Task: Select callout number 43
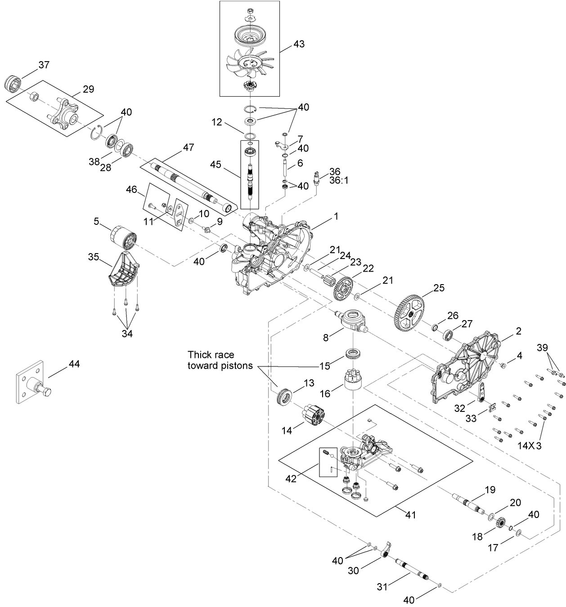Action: click(299, 44)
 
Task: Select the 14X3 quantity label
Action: click(529, 446)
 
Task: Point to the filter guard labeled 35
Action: click(122, 270)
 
